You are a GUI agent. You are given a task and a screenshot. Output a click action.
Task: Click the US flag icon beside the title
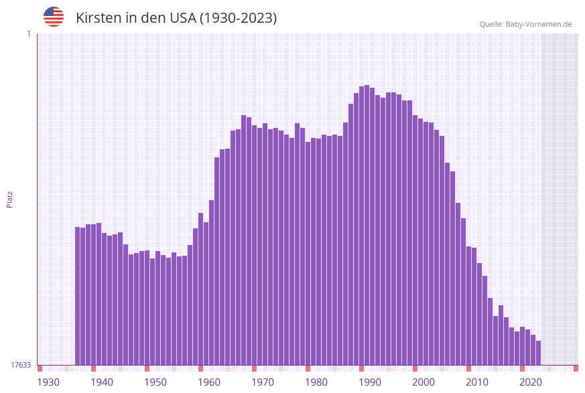click(54, 17)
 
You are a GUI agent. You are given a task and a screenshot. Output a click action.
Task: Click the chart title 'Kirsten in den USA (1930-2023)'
click(176, 18)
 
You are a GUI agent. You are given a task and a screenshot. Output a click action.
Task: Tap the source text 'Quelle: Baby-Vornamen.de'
click(525, 24)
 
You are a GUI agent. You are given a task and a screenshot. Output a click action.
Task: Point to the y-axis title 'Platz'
click(10, 199)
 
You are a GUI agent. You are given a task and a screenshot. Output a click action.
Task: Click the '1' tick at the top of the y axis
click(28, 33)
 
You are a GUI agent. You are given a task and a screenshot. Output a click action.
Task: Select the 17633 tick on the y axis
click(21, 365)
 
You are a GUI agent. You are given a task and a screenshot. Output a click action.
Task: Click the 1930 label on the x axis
click(48, 382)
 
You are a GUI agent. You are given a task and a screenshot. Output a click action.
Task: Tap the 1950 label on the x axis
click(155, 382)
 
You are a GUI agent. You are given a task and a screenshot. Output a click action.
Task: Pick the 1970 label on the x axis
click(263, 382)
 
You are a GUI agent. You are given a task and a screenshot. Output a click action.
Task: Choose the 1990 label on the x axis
click(370, 382)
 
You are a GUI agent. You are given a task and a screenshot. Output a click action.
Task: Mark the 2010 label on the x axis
click(477, 382)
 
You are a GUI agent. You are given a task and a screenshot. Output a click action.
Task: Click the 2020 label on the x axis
click(531, 382)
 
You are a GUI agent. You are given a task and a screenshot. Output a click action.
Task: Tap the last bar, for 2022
click(538, 353)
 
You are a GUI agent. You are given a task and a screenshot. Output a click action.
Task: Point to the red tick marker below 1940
click(94, 368)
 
